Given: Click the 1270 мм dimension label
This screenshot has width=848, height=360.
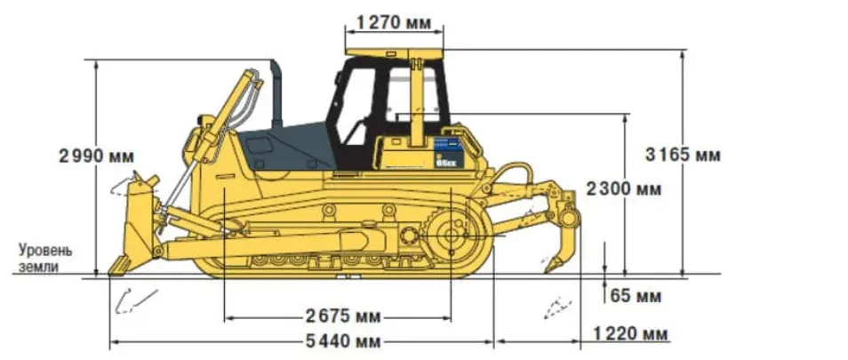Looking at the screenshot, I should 392,20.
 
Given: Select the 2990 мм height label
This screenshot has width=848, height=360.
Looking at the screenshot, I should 96,156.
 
